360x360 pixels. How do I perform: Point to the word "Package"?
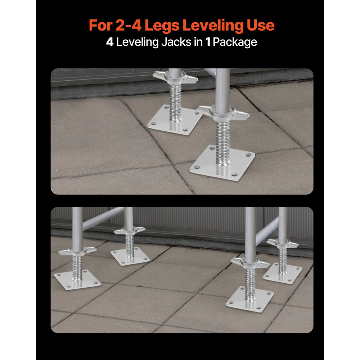pyautogui.click(x=235, y=42)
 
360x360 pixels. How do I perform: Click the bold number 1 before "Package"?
pyautogui.click(x=208, y=42)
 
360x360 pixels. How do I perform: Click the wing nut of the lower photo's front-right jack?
pyautogui.click(x=250, y=262)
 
